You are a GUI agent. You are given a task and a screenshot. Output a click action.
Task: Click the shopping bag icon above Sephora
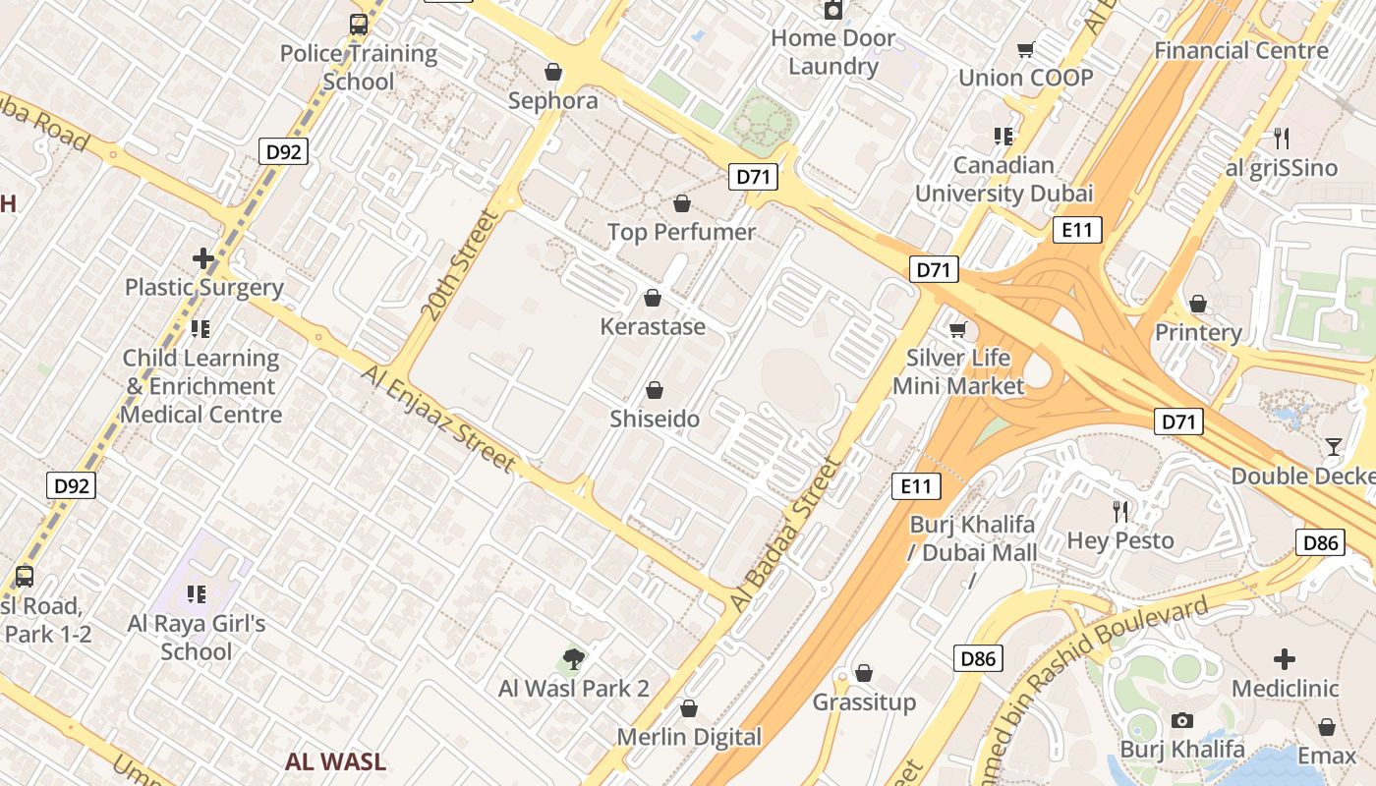coord(553,72)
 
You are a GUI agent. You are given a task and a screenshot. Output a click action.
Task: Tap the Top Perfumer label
coord(681,232)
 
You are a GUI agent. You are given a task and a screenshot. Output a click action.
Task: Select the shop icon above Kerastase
coord(653,298)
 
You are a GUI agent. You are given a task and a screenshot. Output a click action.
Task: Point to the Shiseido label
coord(655,419)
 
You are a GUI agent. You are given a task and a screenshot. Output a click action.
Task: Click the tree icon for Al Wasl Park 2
coord(574,658)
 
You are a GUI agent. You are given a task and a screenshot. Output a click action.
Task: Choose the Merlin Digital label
coord(689,737)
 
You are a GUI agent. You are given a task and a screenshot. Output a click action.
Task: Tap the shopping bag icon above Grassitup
coord(864,673)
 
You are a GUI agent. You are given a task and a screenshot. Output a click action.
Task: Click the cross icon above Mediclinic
coord(1285,659)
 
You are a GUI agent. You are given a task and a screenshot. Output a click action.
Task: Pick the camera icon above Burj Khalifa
coord(1182,721)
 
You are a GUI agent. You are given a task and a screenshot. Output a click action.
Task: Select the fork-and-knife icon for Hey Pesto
coord(1120,511)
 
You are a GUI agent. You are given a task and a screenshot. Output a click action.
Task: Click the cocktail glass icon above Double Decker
coord(1333,447)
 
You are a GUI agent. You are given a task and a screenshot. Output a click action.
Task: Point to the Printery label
coord(1198,332)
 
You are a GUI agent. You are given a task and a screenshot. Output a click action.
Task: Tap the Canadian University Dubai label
coord(1003,179)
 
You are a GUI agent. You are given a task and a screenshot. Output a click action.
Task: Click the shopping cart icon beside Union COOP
coord(1026,49)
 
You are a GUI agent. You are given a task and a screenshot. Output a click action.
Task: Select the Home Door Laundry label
coord(832,52)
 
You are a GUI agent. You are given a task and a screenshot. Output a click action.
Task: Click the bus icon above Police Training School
coord(359,25)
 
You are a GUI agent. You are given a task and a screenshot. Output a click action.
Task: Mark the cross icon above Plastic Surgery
coord(203,258)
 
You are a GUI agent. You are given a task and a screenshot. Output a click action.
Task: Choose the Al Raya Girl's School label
coord(197,637)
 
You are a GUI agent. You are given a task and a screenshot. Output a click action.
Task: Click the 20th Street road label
coord(461,263)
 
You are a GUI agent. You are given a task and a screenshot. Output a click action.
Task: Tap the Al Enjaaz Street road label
coord(438,418)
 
